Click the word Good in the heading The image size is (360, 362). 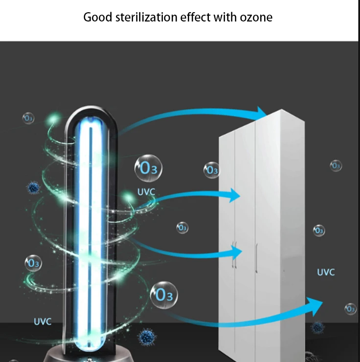97,17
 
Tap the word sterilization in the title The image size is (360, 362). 147,17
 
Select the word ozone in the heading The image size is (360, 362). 256,18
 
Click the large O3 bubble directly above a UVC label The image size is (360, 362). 148,168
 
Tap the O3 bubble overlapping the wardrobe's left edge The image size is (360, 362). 212,170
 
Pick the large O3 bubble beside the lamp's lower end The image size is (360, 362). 164,295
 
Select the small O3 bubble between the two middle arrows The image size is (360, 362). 182,228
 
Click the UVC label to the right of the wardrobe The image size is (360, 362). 326,272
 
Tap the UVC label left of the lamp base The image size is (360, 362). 43,321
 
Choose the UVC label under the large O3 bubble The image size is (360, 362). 146,192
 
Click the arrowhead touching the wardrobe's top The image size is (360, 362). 261,113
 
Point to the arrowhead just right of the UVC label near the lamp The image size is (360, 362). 235,195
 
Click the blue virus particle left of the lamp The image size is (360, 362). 34,188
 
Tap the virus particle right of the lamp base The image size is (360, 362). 147,337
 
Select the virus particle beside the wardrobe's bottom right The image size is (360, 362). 317,327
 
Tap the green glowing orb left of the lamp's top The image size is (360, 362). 54,119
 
